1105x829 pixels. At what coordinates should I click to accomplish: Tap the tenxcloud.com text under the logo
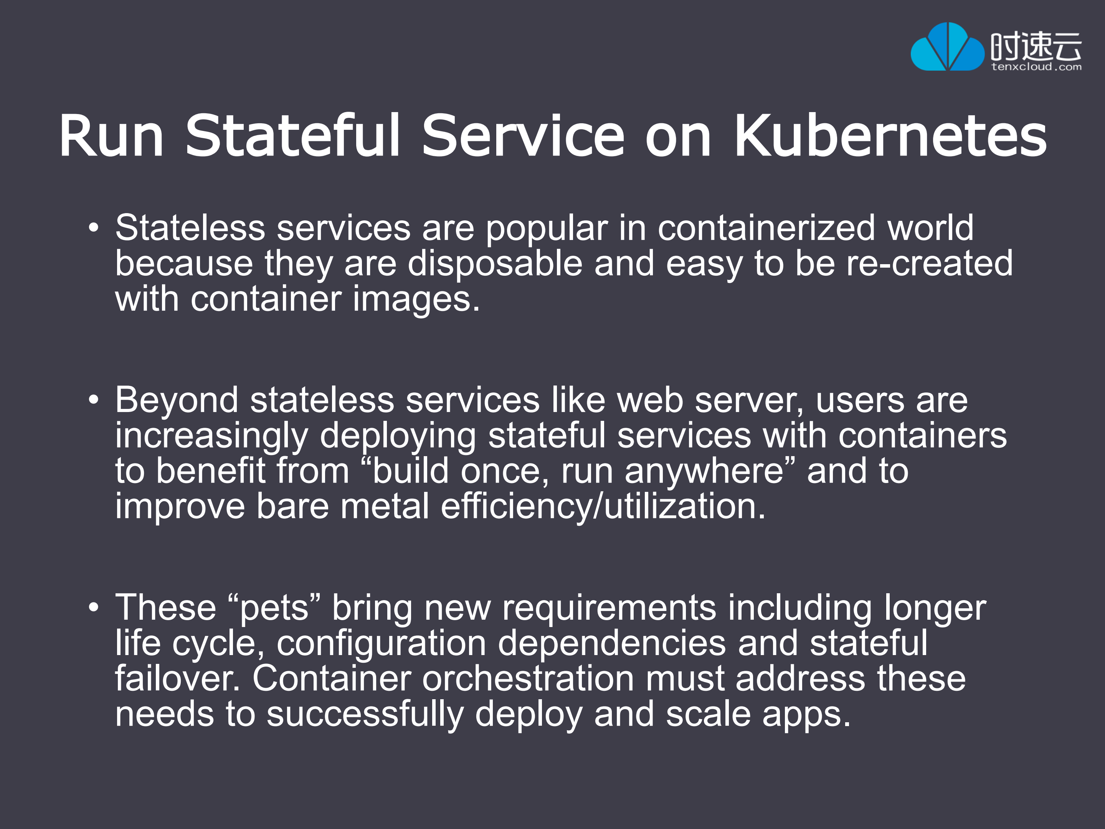pyautogui.click(x=1036, y=67)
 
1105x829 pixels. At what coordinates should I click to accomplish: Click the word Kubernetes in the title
pyautogui.click(x=890, y=136)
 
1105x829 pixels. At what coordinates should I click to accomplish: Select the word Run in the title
pyautogui.click(x=111, y=136)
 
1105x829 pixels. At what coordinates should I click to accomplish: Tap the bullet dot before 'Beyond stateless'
pyautogui.click(x=93, y=400)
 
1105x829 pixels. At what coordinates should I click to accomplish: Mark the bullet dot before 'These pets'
pyautogui.click(x=93, y=607)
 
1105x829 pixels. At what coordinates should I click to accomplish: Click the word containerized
pyautogui.click(x=766, y=228)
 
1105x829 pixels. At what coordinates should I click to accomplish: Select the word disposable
pyautogui.click(x=495, y=264)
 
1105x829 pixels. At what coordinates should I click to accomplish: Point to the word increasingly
pyautogui.click(x=211, y=436)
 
